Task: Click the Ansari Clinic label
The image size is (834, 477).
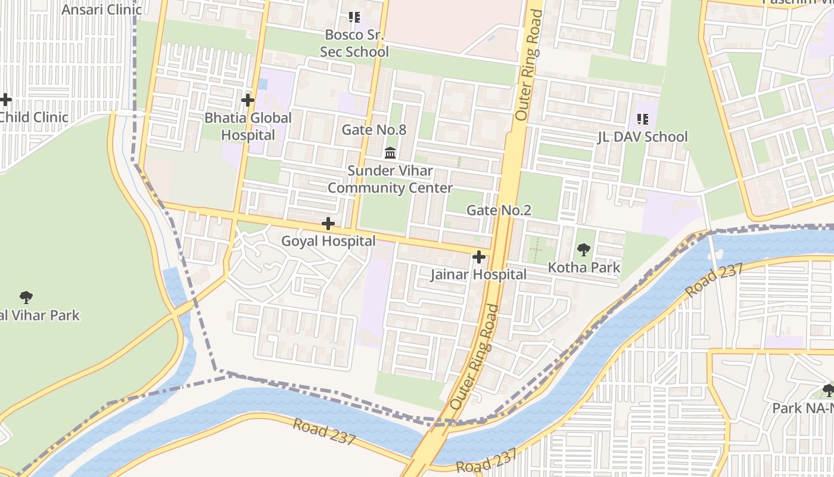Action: point(101,10)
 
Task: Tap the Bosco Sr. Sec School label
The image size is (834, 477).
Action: point(354,44)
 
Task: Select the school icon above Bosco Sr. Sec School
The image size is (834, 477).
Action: point(354,17)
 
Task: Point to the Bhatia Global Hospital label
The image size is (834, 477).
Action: point(248,126)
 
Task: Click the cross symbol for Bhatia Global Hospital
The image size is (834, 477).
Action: point(248,100)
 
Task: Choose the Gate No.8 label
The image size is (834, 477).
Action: point(374,129)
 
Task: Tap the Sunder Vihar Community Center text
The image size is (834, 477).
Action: point(390,179)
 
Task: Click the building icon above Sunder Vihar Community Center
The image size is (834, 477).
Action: point(390,153)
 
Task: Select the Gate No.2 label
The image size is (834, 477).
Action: point(499,210)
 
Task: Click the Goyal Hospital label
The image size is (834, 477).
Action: point(328,241)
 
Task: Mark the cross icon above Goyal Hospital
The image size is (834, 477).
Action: point(328,224)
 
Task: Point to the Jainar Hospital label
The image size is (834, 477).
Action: point(478,274)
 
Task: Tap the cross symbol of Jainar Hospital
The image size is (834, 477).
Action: point(478,258)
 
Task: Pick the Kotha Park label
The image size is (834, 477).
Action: point(584,267)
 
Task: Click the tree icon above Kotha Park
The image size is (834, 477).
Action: point(584,250)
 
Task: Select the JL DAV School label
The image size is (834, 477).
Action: point(642,137)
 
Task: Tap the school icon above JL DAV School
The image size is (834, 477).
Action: point(642,119)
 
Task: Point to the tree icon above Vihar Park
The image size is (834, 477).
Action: point(26,297)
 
